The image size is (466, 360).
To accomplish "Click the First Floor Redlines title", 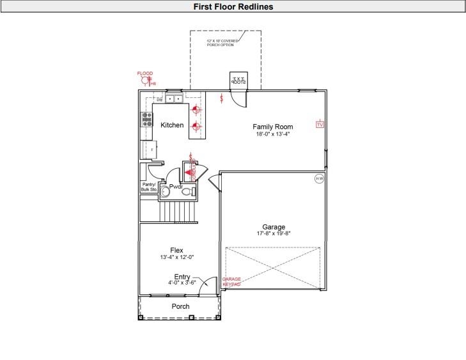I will [233, 6].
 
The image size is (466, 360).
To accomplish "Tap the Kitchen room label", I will [172, 125].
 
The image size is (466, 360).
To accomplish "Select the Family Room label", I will [272, 127].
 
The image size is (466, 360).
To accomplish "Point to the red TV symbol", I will [320, 124].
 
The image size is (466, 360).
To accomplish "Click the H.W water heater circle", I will [319, 179].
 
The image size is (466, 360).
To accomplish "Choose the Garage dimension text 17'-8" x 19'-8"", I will [274, 234].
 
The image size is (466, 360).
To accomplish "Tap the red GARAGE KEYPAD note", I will [231, 282].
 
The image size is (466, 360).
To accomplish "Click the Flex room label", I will [176, 250].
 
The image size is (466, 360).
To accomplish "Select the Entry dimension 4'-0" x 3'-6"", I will [182, 282].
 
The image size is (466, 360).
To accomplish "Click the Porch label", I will [180, 306].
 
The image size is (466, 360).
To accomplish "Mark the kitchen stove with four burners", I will [147, 119].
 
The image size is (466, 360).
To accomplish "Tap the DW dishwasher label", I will [159, 100].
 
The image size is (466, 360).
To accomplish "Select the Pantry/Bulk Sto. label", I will [148, 187].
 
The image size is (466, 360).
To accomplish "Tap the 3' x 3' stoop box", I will [238, 81].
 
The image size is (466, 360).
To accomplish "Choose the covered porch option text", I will [222, 42].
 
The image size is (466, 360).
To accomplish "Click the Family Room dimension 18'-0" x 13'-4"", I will [272, 135].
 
